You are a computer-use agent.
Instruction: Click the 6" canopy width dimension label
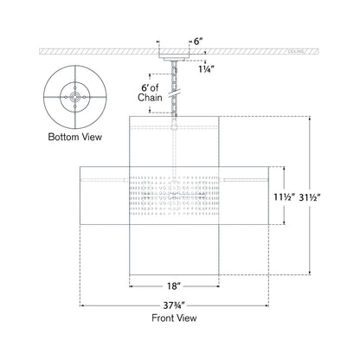pyautogui.click(x=198, y=41)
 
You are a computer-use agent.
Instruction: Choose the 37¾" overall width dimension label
pyautogui.click(x=179, y=314)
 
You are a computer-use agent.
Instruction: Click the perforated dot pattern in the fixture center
pyautogui.click(x=179, y=197)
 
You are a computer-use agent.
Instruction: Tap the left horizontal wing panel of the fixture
pyautogui.click(x=104, y=197)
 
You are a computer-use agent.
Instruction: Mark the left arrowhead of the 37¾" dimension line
pyautogui.click(x=81, y=304)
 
